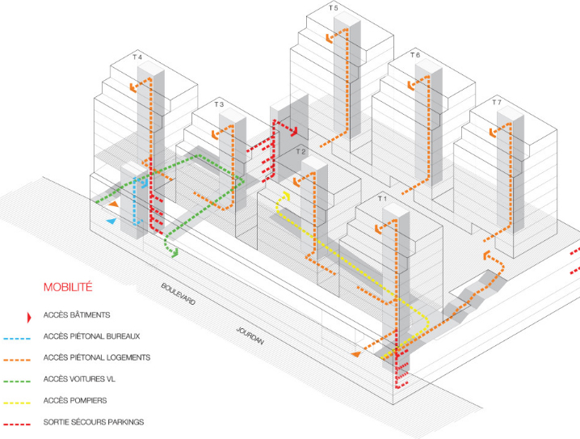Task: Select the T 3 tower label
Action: pyautogui.click(x=219, y=105)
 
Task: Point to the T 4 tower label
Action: pyautogui.click(x=137, y=57)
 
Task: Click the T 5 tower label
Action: pyautogui.click(x=334, y=8)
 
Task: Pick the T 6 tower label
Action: pyautogui.click(x=415, y=55)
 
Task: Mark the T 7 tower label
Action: pyautogui.click(x=497, y=103)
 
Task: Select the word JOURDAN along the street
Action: pyautogui.click(x=251, y=336)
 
